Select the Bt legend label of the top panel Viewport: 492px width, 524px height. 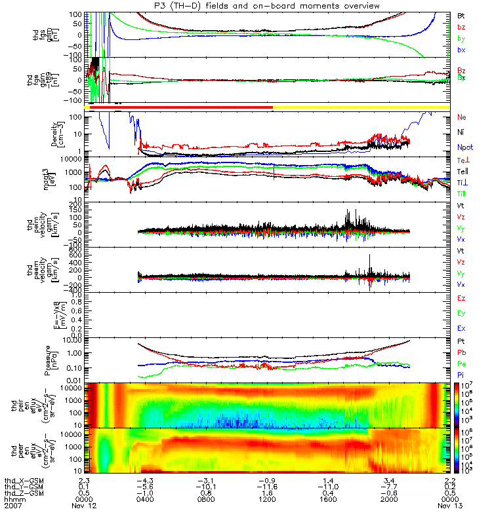pyautogui.click(x=461, y=15)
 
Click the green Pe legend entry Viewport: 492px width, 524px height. pyautogui.click(x=462, y=363)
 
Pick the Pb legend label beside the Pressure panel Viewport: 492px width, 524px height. pyautogui.click(x=462, y=352)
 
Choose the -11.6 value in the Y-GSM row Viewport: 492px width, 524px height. pyautogui.click(x=268, y=487)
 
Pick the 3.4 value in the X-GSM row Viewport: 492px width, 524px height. pyautogui.click(x=390, y=480)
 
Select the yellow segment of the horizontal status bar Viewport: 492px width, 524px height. pyautogui.click(x=361, y=107)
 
